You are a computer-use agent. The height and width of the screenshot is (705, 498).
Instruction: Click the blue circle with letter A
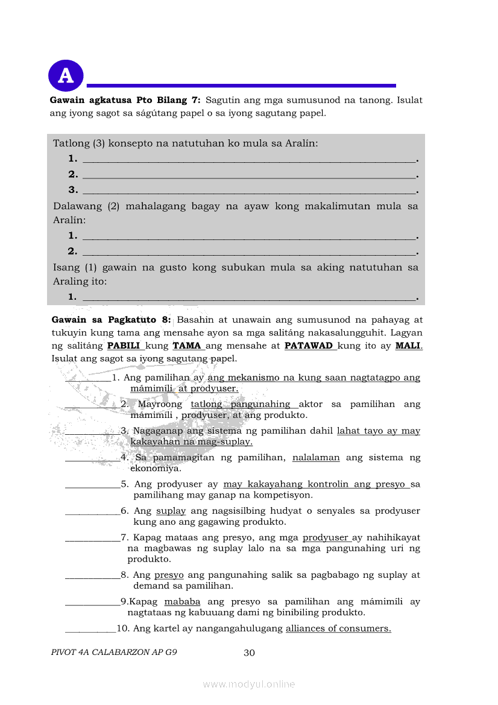(65, 75)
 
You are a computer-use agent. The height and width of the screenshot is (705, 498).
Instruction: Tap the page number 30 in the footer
(249, 653)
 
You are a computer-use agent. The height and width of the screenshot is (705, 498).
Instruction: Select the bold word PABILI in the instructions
(123, 346)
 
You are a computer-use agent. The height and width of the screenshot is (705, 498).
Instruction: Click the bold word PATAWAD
(308, 346)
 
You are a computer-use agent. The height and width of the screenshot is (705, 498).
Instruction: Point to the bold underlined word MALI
(408, 346)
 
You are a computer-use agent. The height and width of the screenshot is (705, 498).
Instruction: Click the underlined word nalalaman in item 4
(316, 458)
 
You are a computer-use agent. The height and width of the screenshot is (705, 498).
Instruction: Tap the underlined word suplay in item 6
(171, 511)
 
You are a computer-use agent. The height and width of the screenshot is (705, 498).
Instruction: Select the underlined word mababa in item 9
(182, 602)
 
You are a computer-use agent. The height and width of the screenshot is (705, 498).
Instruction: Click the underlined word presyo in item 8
(169, 575)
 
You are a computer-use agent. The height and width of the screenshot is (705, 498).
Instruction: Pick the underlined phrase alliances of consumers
(338, 628)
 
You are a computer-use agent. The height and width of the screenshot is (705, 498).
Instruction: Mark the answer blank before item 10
(90, 630)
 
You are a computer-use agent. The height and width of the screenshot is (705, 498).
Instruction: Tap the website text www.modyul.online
(249, 684)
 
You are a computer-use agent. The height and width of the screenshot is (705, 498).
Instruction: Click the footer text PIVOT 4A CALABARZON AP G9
(114, 653)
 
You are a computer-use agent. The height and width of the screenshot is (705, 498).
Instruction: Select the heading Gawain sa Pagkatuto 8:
(112, 320)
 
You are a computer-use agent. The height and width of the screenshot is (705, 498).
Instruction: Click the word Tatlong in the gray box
(71, 144)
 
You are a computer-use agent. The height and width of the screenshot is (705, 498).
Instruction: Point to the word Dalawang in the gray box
(77, 206)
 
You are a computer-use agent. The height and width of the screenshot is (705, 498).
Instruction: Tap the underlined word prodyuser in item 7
(326, 537)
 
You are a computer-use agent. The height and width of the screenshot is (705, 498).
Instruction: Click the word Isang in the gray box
(66, 267)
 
